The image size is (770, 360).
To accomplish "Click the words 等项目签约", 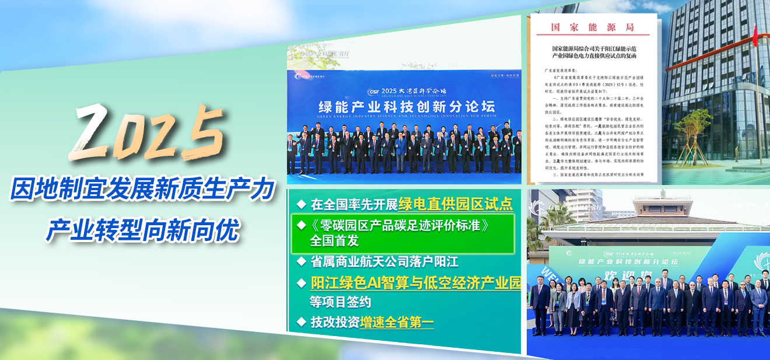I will coord(340,302).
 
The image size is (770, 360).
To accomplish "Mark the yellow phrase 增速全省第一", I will coord(397,321).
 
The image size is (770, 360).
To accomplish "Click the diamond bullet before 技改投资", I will coord(301,321).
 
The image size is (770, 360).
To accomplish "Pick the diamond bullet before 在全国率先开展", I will coord(301,204).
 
